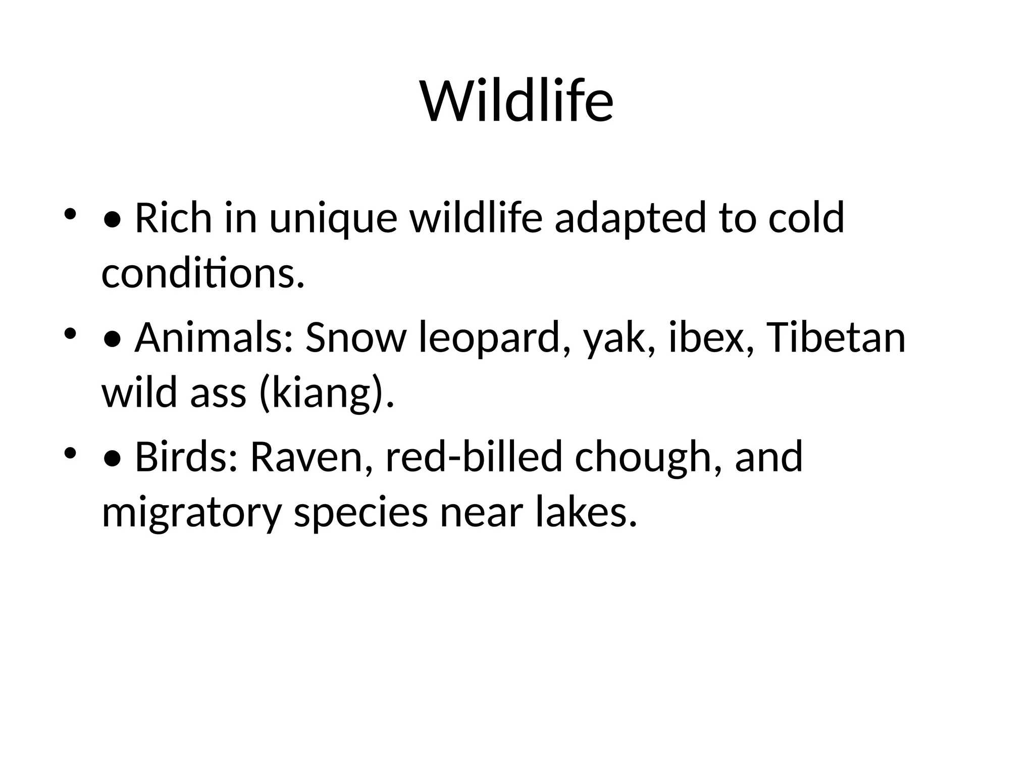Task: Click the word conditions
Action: click(203, 274)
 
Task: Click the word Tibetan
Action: click(836, 337)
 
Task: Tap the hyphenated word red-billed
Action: click(473, 456)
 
